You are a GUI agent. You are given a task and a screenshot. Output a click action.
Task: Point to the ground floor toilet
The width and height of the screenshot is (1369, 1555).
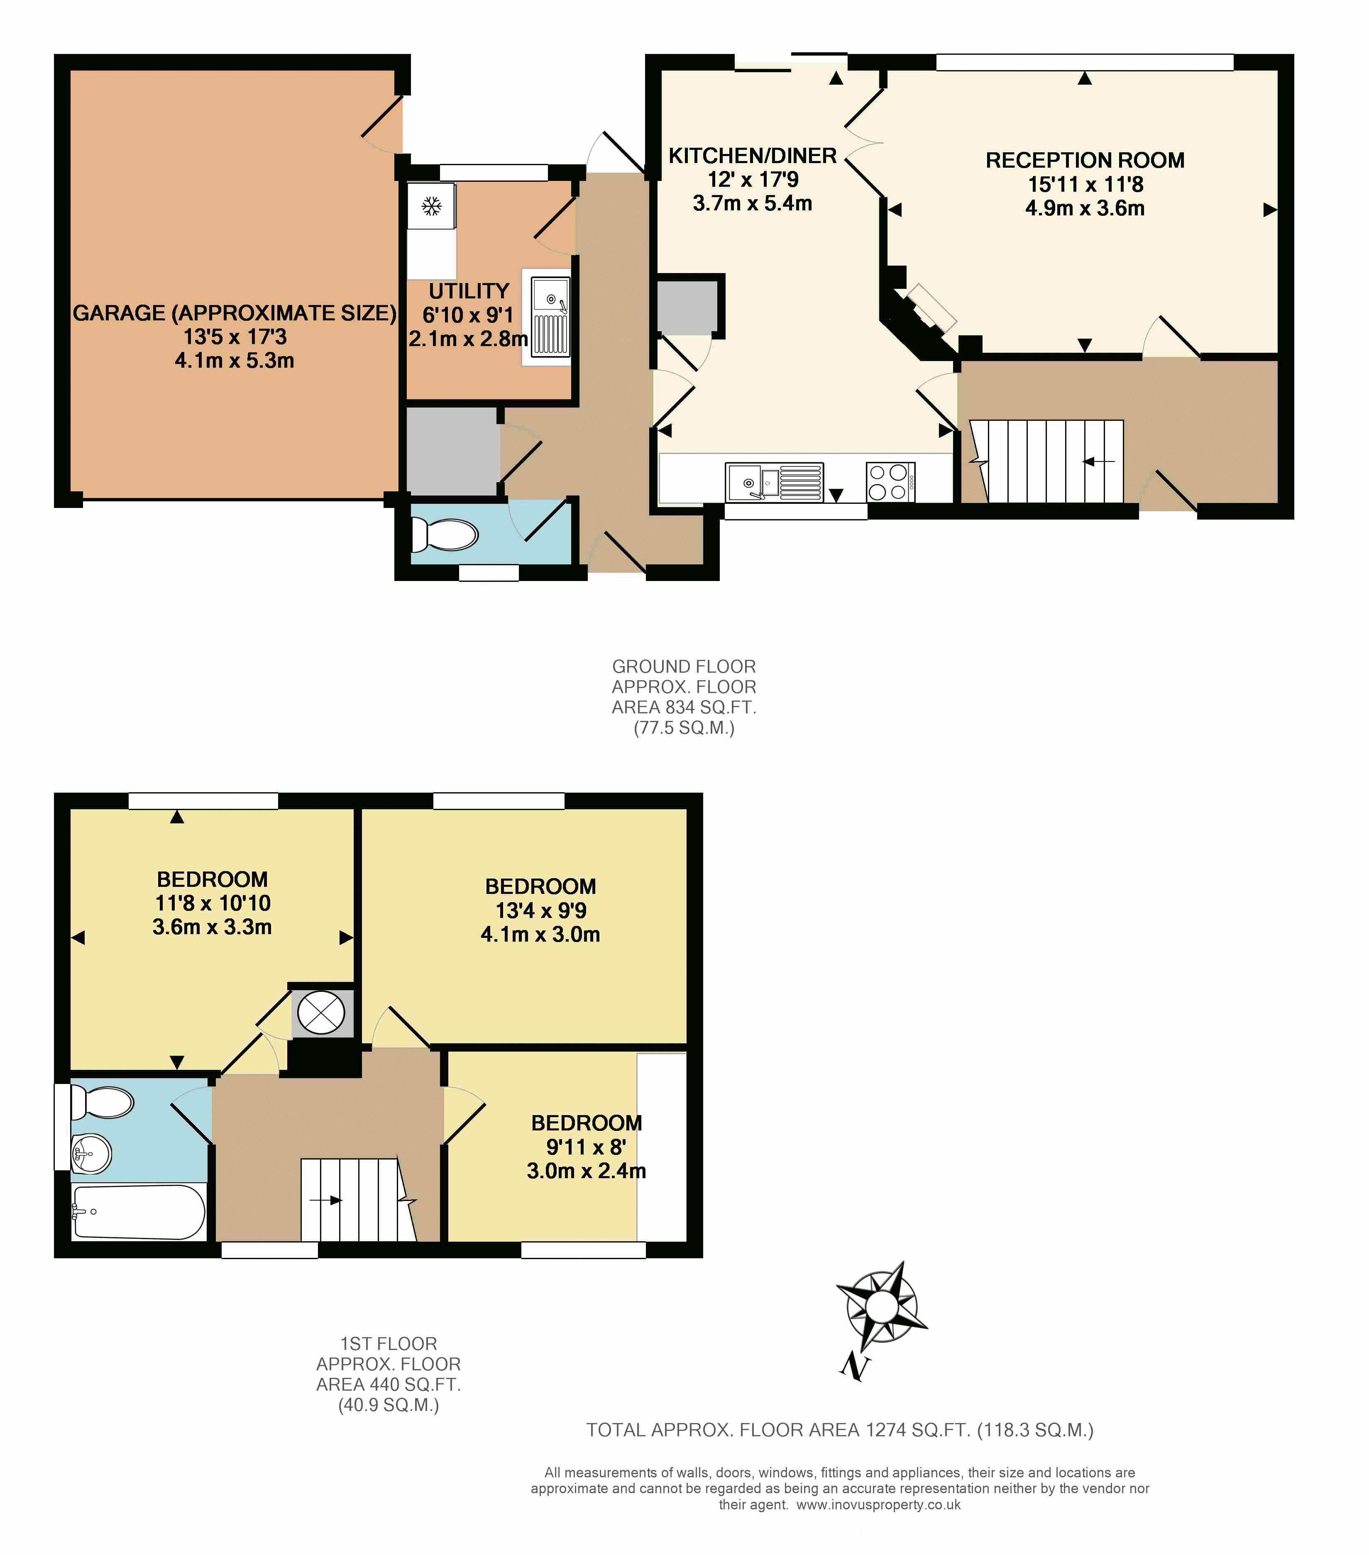(445, 535)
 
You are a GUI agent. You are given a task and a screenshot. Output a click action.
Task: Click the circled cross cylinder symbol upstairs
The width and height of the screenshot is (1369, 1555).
(321, 1013)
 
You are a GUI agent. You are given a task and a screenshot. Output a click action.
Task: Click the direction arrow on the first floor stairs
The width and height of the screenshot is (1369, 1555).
(326, 1201)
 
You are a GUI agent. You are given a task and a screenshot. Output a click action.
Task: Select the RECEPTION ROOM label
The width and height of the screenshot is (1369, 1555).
(1084, 161)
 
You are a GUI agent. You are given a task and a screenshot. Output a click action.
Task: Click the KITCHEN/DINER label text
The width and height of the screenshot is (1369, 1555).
(752, 156)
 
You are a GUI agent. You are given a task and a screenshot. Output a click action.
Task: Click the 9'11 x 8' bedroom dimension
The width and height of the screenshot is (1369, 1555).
(586, 1147)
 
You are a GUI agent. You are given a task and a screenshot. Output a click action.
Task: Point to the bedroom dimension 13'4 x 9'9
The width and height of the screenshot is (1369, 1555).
(540, 910)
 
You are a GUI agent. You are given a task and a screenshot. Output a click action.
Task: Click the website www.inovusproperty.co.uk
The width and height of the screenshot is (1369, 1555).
(878, 1504)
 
